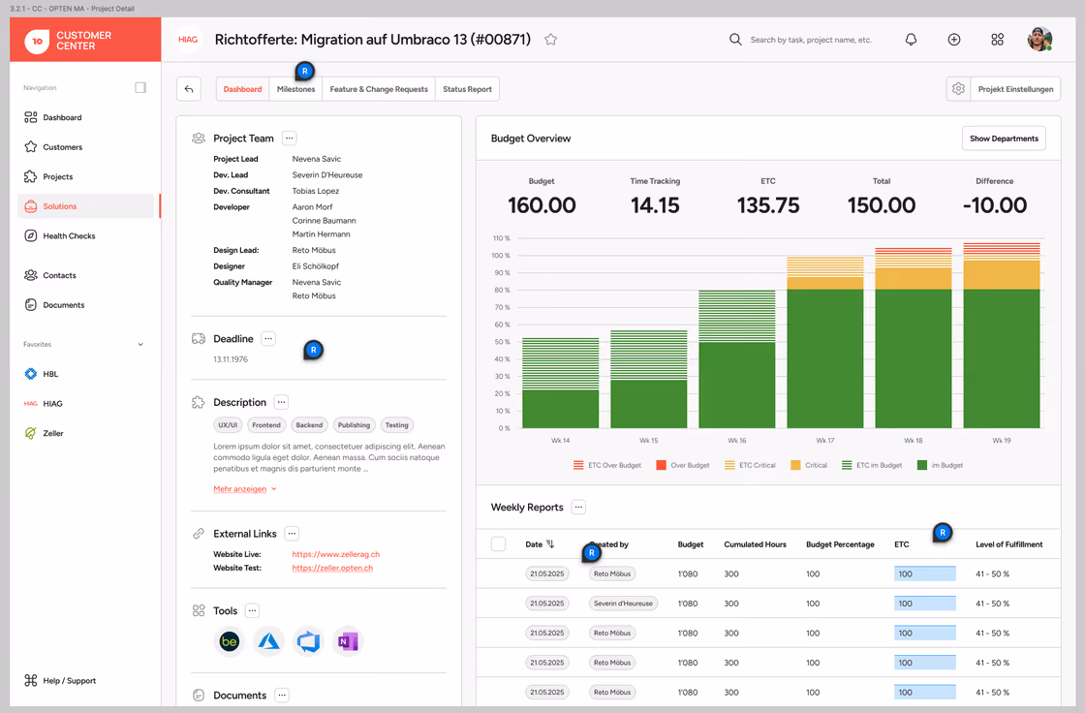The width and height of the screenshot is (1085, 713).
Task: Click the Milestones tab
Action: [x=295, y=89]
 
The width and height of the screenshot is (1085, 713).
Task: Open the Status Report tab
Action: [x=467, y=89]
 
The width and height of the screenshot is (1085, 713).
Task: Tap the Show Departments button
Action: [x=1004, y=139]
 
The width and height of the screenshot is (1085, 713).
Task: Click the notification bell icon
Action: [x=911, y=40]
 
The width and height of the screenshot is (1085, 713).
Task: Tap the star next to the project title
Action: [x=551, y=40]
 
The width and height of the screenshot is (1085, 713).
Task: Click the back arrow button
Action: [x=189, y=89]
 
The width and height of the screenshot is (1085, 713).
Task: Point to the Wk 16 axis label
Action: [x=737, y=440]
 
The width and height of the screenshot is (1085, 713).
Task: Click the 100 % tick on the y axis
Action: [x=501, y=256]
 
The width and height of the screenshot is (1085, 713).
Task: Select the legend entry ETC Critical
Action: [x=750, y=465]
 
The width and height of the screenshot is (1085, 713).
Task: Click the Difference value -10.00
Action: [x=994, y=205]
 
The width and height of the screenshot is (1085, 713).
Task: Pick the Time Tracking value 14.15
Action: [x=655, y=205]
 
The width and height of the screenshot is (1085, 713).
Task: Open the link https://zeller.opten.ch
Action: [x=332, y=569]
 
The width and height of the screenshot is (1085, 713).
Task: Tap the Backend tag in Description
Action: [x=309, y=425]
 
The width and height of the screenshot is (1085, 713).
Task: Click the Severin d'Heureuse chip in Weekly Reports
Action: [x=623, y=604]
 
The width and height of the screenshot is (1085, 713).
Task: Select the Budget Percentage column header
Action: [x=840, y=544]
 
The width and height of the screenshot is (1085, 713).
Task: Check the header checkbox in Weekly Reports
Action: [x=498, y=544]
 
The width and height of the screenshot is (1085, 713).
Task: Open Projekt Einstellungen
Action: [x=1015, y=89]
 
